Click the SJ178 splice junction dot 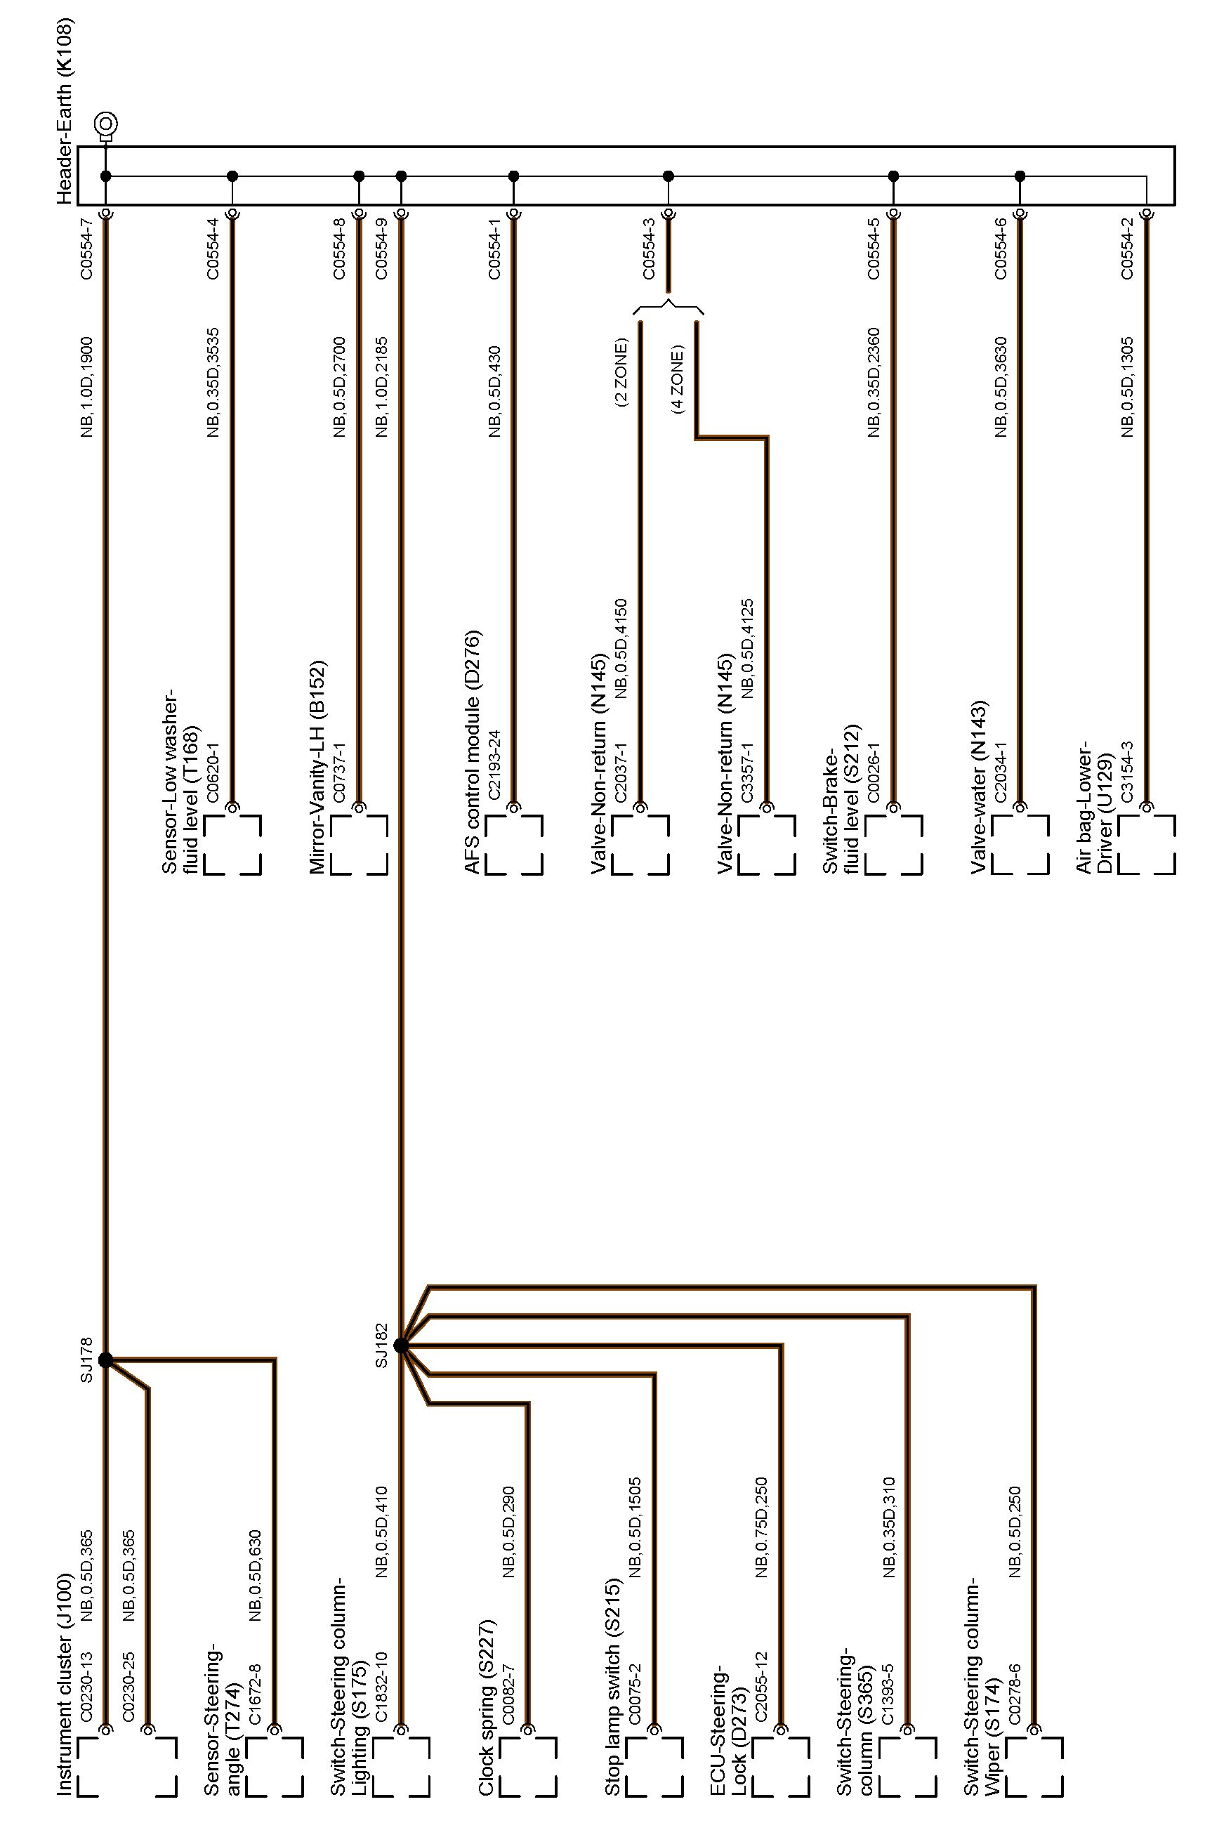[x=105, y=1360]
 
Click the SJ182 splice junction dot [x=400, y=1345]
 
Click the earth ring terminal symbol [x=106, y=124]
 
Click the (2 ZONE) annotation [x=621, y=373]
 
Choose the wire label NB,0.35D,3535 [x=213, y=383]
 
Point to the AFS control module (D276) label [x=472, y=752]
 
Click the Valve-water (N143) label [x=978, y=788]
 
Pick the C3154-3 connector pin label [x=1126, y=772]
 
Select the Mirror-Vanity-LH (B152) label [x=317, y=767]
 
